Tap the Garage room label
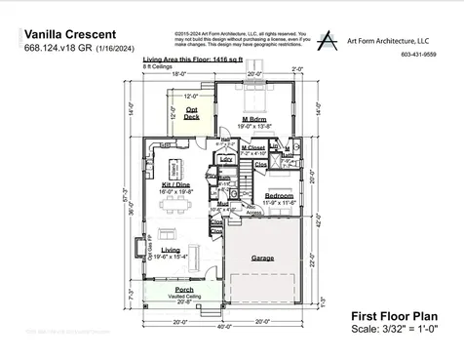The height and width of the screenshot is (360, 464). pyautogui.click(x=262, y=259)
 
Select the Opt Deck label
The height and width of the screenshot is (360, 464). pyautogui.click(x=191, y=113)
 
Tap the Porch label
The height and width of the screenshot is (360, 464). pyautogui.click(x=183, y=290)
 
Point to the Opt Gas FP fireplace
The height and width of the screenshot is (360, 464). pyautogui.click(x=149, y=250)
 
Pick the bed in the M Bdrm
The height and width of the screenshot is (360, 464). pyautogui.click(x=257, y=100)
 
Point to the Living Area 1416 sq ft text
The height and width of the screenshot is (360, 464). pyautogui.click(x=193, y=60)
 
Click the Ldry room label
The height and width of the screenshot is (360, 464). pyautogui.click(x=225, y=159)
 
